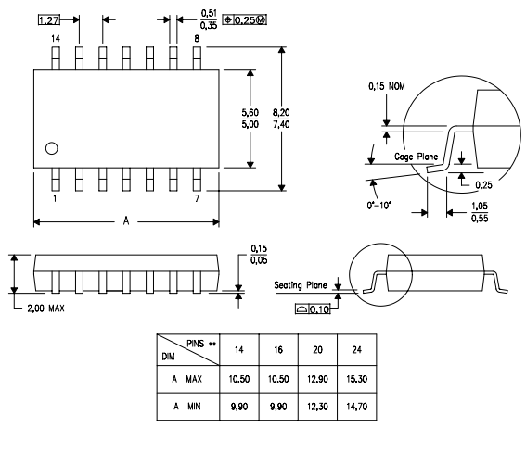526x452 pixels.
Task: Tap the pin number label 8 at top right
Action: click(196, 38)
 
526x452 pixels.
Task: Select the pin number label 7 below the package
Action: click(196, 199)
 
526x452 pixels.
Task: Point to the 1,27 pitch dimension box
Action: click(49, 19)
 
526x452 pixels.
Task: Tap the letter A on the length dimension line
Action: click(126, 221)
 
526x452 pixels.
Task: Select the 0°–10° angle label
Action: click(380, 198)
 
